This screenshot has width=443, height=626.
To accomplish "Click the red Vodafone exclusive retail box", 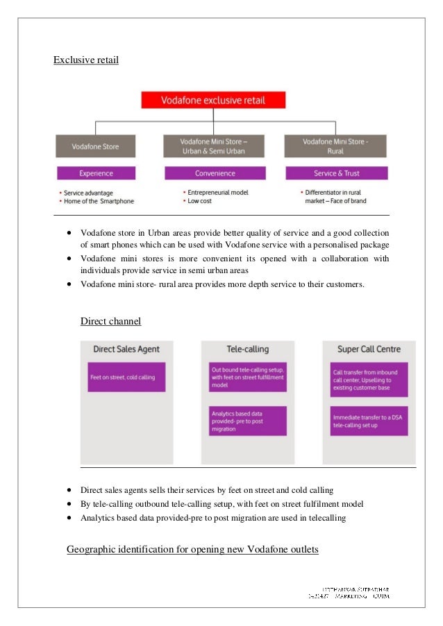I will (x=213, y=100).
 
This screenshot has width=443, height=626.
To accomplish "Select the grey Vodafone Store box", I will (x=96, y=146).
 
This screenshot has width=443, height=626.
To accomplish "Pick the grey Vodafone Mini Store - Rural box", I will (x=335, y=146).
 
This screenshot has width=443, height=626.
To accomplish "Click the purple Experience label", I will (x=96, y=173).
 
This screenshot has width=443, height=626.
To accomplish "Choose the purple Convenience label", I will (x=215, y=173).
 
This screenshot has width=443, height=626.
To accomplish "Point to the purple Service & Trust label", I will (x=337, y=173).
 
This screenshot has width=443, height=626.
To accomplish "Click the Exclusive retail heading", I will (x=86, y=60).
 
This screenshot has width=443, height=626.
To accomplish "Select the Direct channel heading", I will (x=111, y=321).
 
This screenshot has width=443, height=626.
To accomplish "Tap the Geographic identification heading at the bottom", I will (x=192, y=550).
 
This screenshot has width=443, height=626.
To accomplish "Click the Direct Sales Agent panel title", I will (x=126, y=349).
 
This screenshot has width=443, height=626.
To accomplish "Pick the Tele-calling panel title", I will (x=247, y=349).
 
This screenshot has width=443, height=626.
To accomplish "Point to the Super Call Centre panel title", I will (x=368, y=349).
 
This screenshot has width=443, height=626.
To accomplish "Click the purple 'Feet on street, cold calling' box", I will (x=126, y=377).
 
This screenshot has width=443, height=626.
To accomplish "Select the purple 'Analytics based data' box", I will (x=247, y=421).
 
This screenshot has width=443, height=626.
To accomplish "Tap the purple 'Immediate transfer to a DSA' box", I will (x=368, y=421).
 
